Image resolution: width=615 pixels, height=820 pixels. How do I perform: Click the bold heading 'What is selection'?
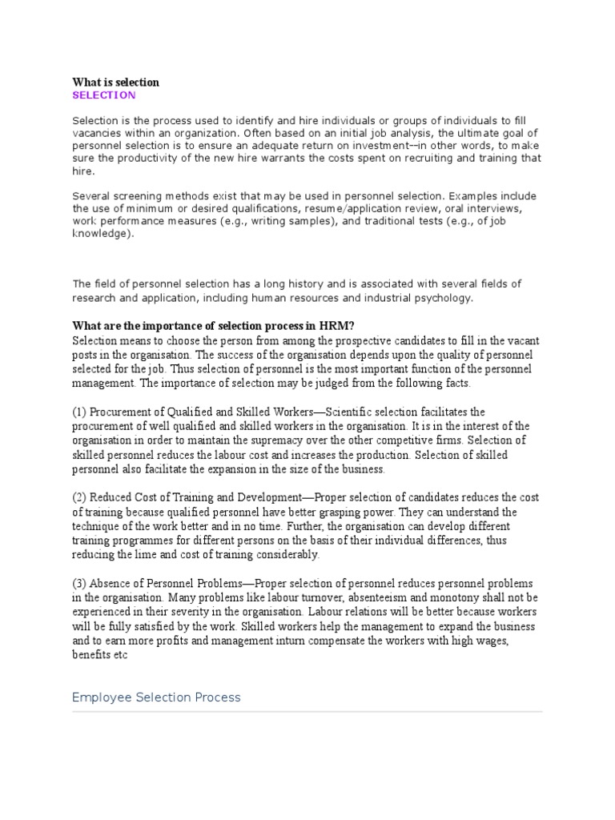pyautogui.click(x=115, y=82)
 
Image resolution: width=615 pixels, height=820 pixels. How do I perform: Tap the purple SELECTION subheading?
pyautogui.click(x=104, y=95)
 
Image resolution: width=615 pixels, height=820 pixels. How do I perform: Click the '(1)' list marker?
pyautogui.click(x=79, y=412)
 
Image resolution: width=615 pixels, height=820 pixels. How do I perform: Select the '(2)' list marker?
pyautogui.click(x=79, y=498)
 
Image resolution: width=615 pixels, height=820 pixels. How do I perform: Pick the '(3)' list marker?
pyautogui.click(x=79, y=584)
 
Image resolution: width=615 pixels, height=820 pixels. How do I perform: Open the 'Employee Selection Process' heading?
pyautogui.click(x=156, y=697)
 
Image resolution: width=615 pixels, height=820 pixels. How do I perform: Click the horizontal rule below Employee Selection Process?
pyautogui.click(x=307, y=711)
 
